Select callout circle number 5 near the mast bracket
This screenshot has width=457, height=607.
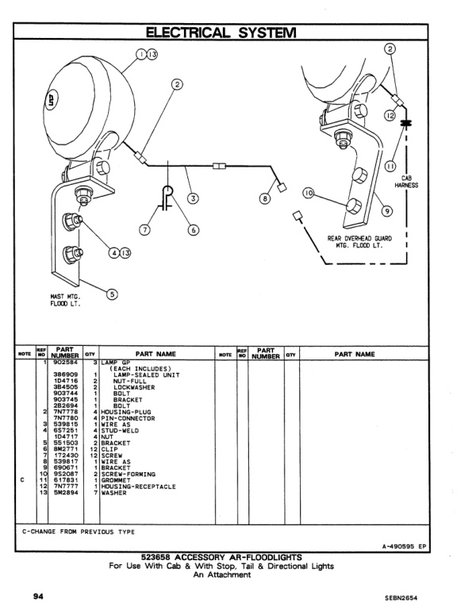(111, 294)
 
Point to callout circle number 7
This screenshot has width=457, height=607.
(145, 230)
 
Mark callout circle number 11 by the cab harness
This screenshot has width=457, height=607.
(390, 165)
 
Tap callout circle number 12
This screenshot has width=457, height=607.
(390, 116)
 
